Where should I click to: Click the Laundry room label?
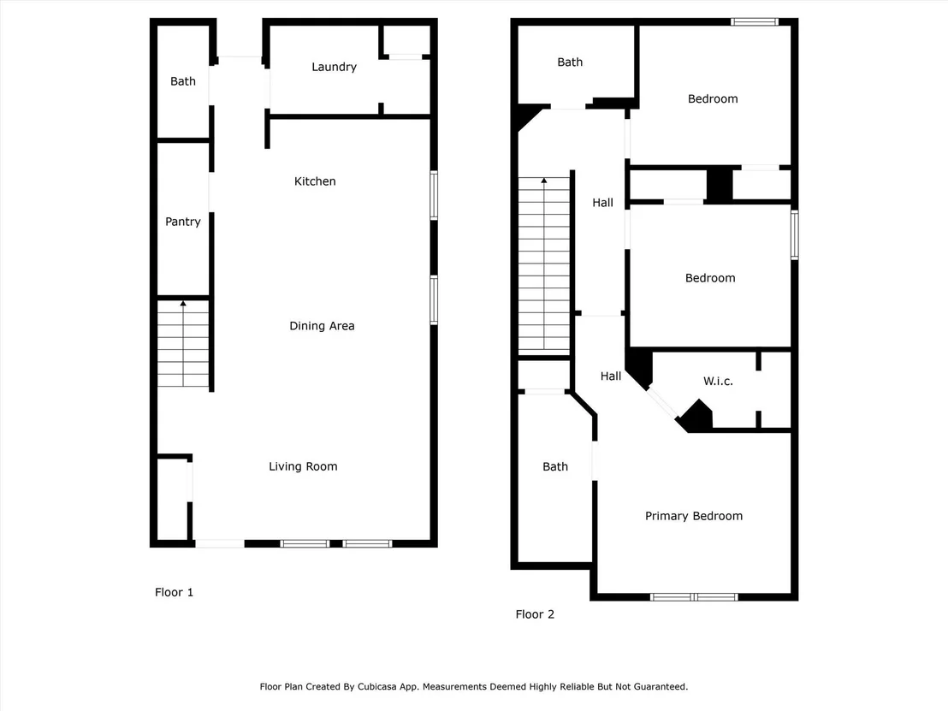coord(334,67)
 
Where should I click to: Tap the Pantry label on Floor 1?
coord(182,222)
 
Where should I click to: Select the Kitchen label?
coord(314,181)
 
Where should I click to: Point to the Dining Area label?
coord(322,326)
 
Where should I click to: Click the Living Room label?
coord(303,467)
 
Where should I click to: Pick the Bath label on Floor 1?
coord(182,81)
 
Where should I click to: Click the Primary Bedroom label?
coord(694,516)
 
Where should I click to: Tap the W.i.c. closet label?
coord(718,382)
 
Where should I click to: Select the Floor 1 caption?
coord(175,592)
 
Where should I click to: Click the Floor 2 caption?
coord(535,614)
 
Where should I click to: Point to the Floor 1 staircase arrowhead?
coord(183,304)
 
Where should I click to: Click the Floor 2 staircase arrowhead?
coord(544,181)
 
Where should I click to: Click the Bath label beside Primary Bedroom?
coord(555,467)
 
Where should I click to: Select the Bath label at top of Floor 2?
coord(570,62)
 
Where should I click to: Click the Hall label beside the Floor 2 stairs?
coord(602,203)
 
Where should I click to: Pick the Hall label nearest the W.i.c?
coord(611,376)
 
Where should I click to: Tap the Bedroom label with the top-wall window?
coord(713,99)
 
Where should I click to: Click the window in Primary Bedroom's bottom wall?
coord(694,597)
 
